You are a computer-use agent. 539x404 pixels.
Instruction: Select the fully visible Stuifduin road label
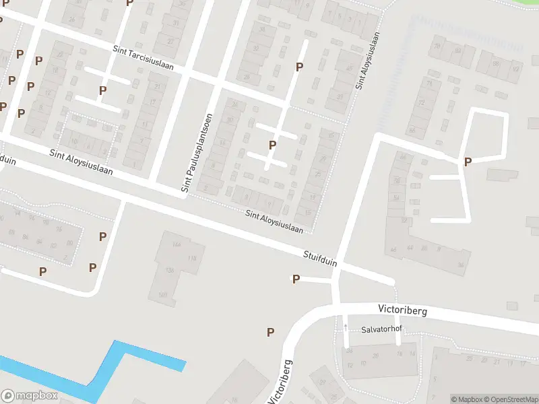(x=320, y=259)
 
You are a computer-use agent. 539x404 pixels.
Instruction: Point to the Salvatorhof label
(x=382, y=330)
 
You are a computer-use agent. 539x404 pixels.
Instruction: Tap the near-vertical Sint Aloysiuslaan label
(x=368, y=61)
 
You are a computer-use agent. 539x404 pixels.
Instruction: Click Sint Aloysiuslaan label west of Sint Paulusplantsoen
(x=81, y=162)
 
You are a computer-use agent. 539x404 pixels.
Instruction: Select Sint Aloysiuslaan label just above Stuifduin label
(x=274, y=222)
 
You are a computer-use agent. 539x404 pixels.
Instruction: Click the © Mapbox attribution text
(x=466, y=399)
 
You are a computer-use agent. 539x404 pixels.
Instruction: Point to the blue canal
(x=108, y=367)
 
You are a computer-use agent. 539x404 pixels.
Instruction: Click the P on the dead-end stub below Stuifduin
(x=296, y=279)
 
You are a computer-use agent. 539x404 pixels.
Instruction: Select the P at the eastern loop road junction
(x=468, y=162)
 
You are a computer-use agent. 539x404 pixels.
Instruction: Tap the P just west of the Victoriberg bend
(x=271, y=331)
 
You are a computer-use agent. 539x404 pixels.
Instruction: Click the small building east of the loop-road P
(x=501, y=175)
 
